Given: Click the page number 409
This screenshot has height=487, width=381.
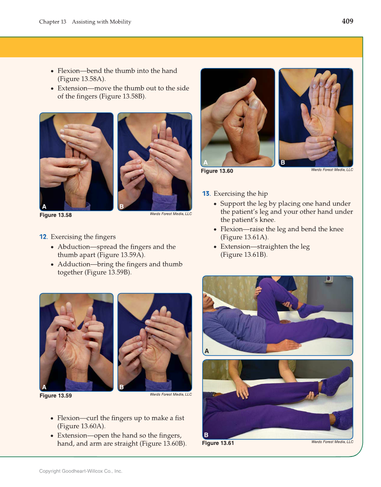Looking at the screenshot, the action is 347,22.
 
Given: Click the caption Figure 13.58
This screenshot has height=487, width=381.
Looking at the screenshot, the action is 56,215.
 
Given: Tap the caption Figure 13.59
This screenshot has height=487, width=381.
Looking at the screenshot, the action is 56,396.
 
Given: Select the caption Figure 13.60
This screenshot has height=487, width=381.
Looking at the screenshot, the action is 217,171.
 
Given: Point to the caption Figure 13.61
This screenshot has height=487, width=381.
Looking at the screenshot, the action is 218,443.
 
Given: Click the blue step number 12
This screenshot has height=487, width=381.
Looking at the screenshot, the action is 43,237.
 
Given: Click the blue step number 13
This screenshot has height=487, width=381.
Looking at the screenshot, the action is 206,194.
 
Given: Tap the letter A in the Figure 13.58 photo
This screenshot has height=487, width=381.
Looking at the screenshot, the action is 44,207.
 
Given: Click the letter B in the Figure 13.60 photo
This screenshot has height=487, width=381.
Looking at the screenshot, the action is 283,163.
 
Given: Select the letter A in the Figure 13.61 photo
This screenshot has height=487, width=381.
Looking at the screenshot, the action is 207,351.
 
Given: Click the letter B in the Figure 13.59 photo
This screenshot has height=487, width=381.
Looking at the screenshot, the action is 122,387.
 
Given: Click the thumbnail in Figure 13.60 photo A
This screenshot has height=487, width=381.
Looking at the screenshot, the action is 254,103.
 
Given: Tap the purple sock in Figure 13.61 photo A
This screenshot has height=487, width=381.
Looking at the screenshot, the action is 310,310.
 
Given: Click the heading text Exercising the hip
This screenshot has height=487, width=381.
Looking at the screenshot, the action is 241,194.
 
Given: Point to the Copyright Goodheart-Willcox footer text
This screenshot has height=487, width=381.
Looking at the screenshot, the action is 81,471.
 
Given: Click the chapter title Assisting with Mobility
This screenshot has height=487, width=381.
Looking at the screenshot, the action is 102,22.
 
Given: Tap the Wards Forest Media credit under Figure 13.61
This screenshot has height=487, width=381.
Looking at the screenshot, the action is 332,442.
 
